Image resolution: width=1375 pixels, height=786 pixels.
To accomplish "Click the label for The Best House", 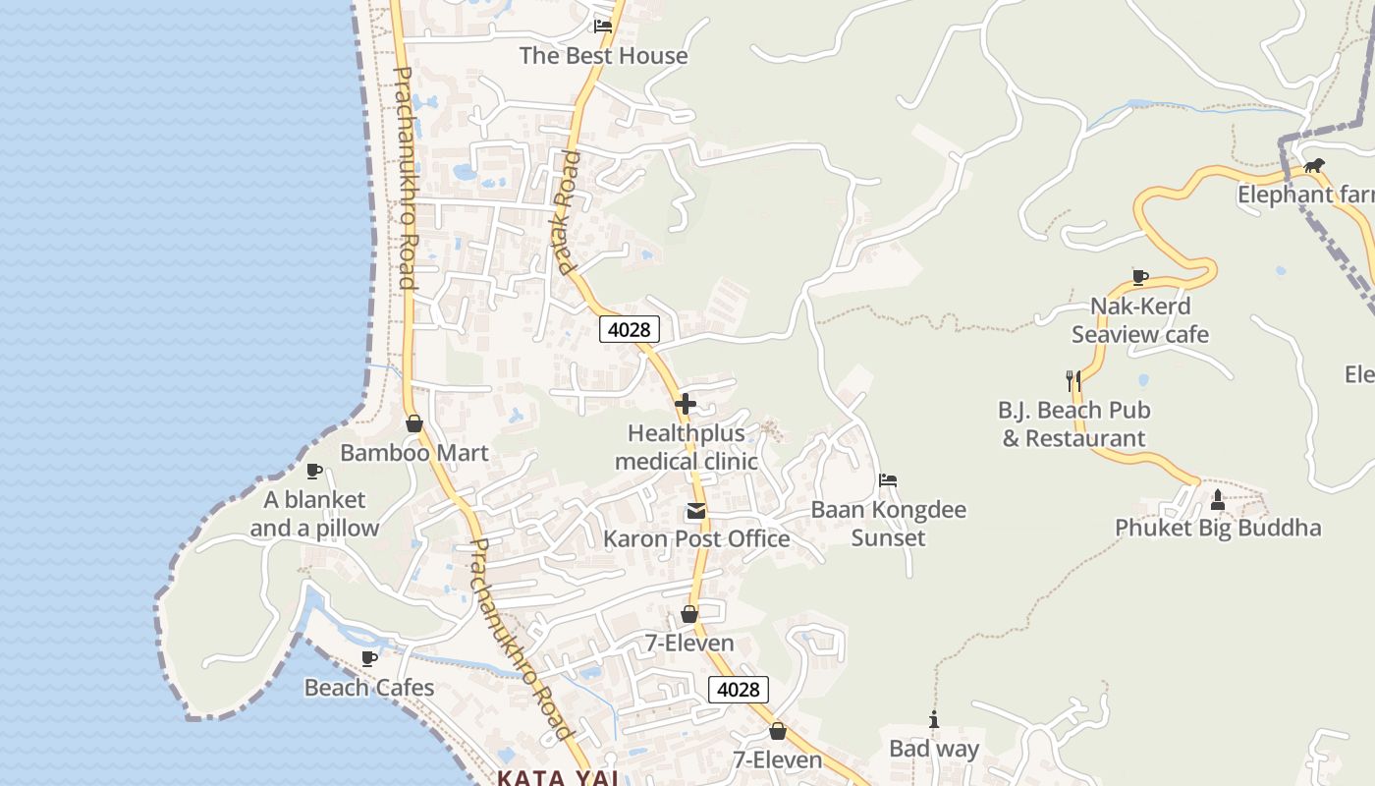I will tap(603, 56).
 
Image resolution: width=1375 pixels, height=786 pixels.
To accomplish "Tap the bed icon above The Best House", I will tap(603, 27).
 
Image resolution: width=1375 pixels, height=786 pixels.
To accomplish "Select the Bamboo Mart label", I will tap(413, 453).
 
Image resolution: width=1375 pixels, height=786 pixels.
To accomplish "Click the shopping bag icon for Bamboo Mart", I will tap(414, 423).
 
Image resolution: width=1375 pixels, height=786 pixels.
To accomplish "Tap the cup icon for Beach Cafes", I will tap(369, 658).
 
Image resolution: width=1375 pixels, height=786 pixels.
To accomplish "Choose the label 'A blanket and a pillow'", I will tap(314, 514).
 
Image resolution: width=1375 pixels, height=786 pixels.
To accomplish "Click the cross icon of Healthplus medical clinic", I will tap(686, 403).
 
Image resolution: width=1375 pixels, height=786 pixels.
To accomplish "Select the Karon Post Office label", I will tap(696, 538).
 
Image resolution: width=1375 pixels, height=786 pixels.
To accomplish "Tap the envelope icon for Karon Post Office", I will tap(696, 510).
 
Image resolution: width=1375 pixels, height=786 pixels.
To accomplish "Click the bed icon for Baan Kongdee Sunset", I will tap(888, 480).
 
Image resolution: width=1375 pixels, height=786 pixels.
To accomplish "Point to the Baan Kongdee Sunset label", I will tap(888, 524).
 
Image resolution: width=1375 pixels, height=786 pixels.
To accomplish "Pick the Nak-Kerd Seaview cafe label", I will tap(1140, 320).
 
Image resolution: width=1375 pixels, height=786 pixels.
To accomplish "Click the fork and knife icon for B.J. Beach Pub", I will tap(1073, 380).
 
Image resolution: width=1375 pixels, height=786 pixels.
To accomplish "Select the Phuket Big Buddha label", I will tap(1218, 528).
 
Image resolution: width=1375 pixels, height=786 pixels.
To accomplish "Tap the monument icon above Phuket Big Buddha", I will tap(1218, 500).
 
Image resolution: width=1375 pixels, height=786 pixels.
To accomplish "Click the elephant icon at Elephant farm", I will tap(1313, 165).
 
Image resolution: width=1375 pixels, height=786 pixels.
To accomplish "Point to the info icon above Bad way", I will tap(934, 720).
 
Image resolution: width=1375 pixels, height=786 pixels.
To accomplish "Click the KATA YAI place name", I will tap(558, 778).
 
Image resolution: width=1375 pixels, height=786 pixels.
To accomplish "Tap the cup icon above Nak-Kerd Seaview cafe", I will tap(1139, 277).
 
